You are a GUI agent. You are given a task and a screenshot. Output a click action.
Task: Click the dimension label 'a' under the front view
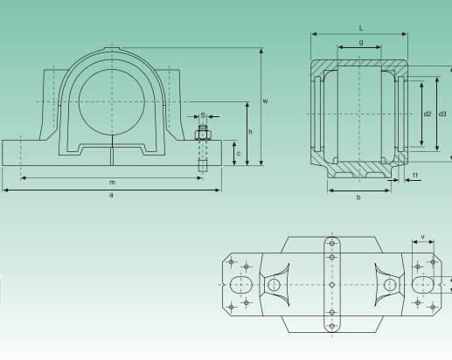pos(110,196)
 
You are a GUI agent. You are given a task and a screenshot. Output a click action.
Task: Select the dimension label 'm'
pos(111,182)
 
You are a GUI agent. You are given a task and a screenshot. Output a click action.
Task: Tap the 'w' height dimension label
pos(265,102)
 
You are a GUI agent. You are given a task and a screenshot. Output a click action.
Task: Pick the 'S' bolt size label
pos(202,114)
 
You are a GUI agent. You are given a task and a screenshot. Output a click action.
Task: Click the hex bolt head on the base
pos(202,134)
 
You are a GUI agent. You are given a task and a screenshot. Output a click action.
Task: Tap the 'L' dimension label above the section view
pos(361,29)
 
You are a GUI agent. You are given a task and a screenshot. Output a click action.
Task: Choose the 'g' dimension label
pos(361,41)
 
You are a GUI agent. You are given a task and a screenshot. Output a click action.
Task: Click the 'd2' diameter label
pos(427,114)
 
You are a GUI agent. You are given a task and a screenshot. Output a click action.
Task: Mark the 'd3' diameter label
pos(442,114)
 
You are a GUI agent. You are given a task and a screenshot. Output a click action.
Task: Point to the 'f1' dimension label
pos(415,177)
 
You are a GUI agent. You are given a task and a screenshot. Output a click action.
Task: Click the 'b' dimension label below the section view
pos(360,197)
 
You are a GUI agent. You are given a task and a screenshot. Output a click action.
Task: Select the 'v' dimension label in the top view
pos(424,237)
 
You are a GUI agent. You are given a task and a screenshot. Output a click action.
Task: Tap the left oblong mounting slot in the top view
pos(242,284)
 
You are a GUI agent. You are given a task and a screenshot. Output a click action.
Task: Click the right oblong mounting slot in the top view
pos(423,284)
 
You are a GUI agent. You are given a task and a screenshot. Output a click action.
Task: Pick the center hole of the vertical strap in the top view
pos(332,284)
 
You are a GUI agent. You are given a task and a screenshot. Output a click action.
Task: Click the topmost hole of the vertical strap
pos(332,242)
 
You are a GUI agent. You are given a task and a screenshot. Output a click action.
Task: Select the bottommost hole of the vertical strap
pos(332,327)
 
